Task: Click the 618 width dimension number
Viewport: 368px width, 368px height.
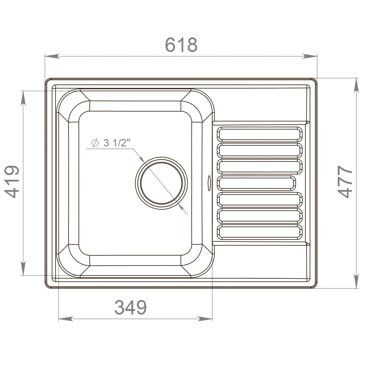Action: [x=181, y=45]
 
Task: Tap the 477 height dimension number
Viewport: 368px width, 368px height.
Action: [x=345, y=182]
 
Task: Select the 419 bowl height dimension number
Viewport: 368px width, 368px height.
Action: [x=12, y=182]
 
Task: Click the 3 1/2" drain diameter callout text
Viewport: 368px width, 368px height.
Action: [x=117, y=143]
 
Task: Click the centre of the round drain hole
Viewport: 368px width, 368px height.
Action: [x=162, y=183]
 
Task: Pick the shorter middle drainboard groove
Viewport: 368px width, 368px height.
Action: [x=256, y=183]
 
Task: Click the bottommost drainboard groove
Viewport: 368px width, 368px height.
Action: [x=260, y=232]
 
